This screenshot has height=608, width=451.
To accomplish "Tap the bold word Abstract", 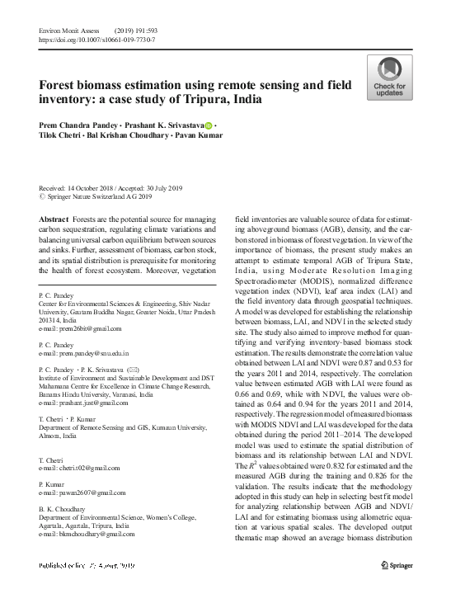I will click(x=54, y=219).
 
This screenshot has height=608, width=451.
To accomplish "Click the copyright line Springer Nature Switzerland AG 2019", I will click(x=96, y=198).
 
